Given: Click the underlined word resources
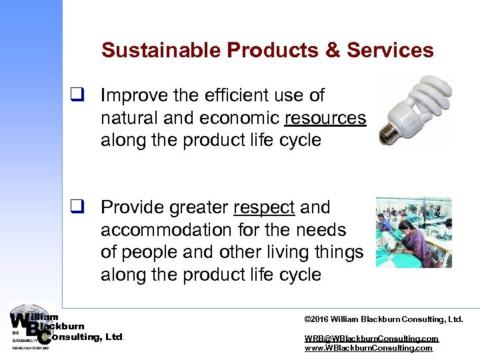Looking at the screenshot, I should (x=325, y=119).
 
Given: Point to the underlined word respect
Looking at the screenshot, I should (x=264, y=208).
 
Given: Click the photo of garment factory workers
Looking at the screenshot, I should (x=413, y=232).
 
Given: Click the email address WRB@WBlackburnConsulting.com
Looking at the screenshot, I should (x=371, y=339).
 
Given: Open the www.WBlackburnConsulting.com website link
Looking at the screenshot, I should (x=368, y=348).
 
